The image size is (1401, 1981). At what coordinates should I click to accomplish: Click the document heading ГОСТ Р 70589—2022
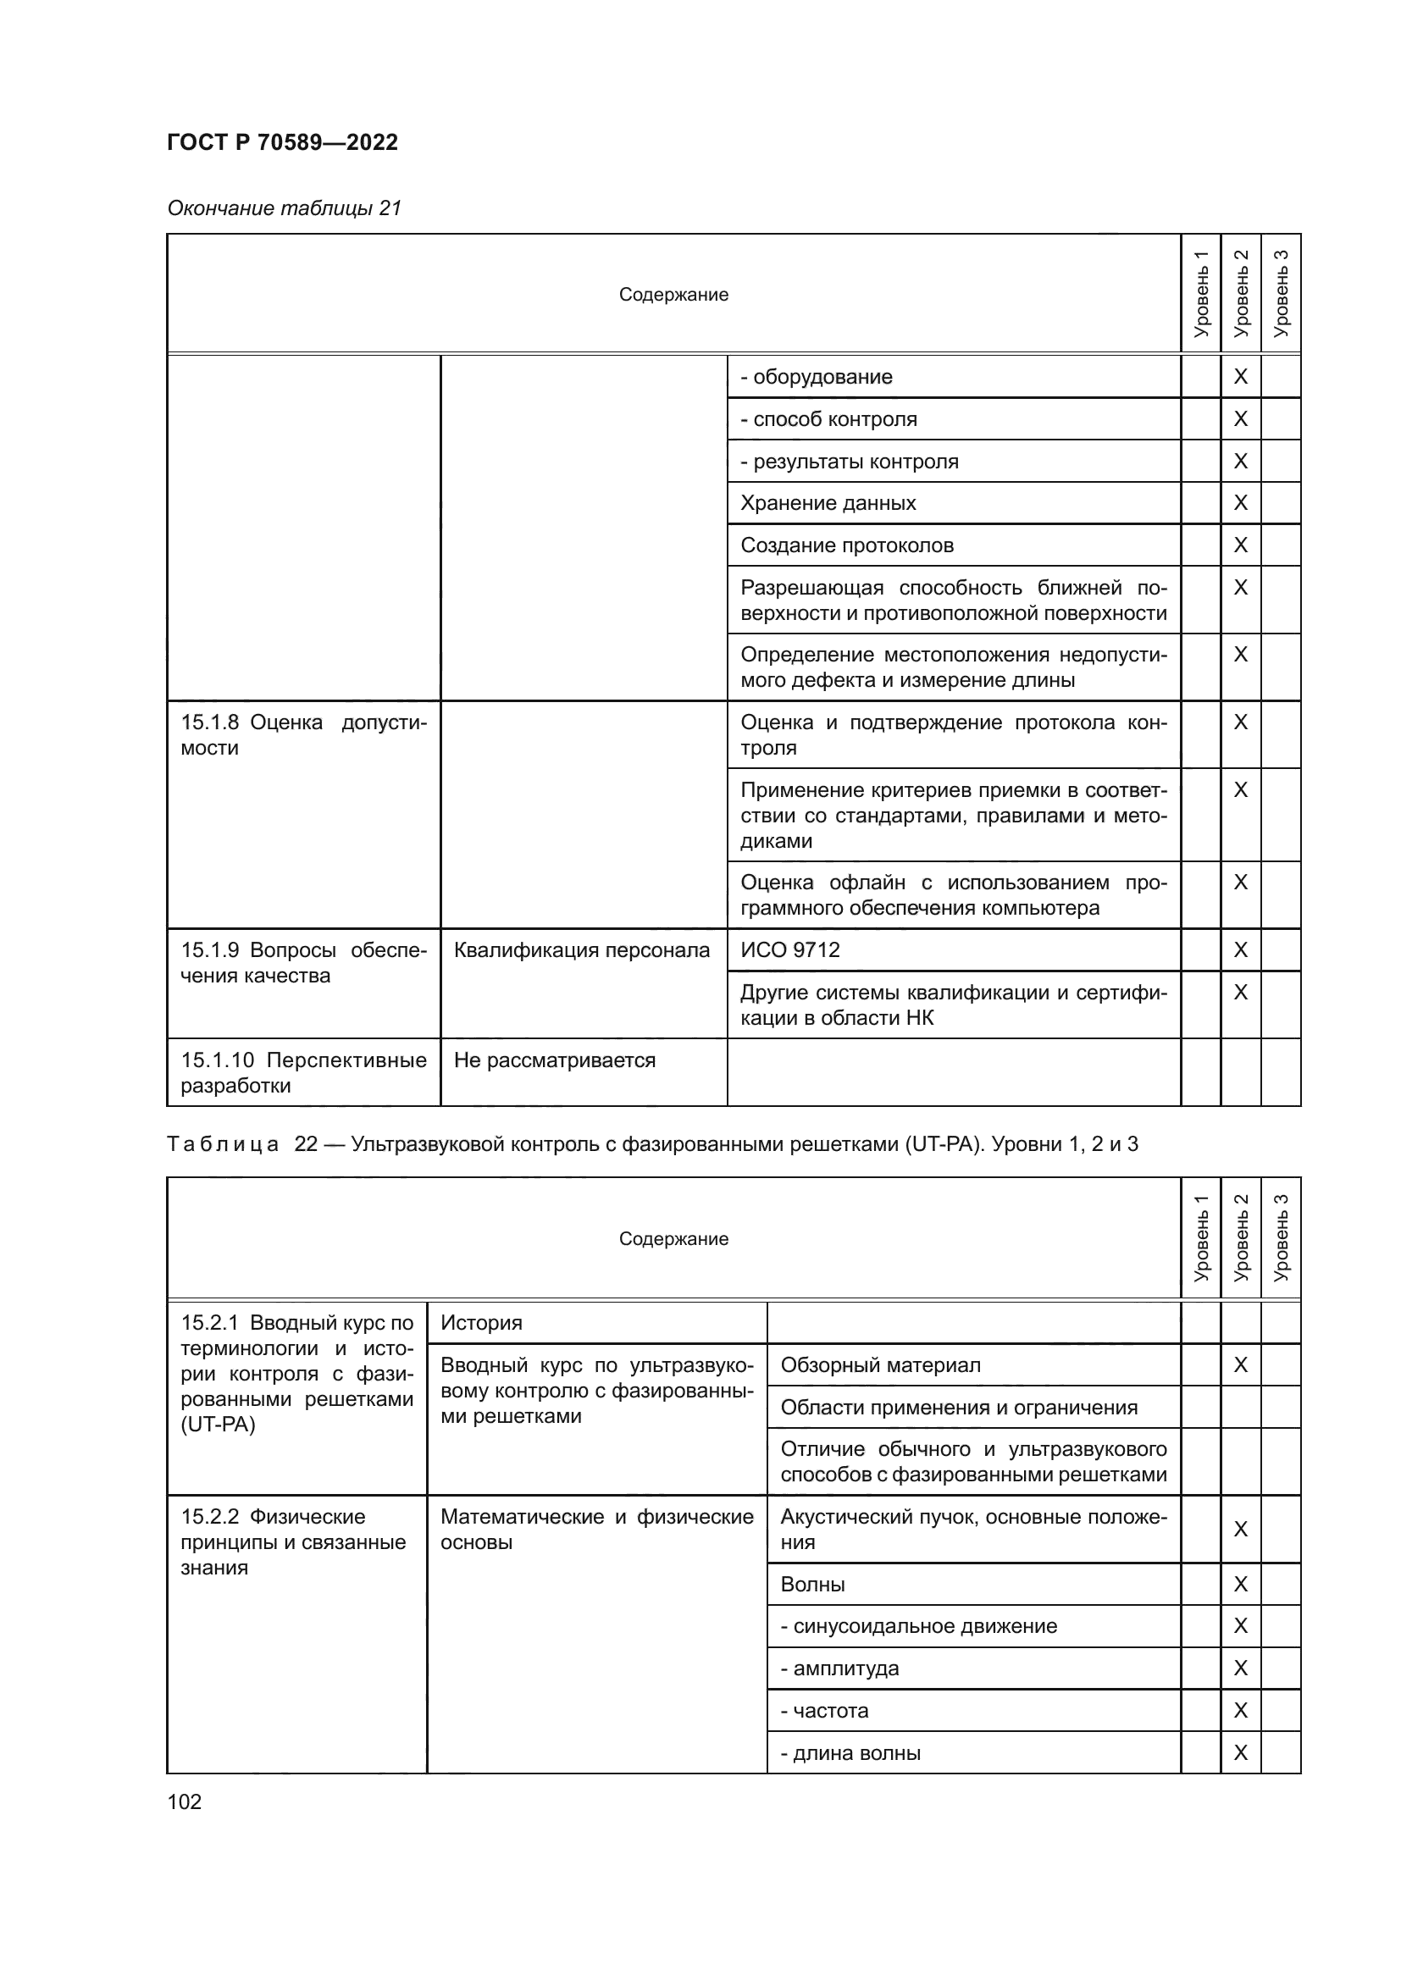click(282, 142)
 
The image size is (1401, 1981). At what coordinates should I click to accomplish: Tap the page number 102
click(184, 1801)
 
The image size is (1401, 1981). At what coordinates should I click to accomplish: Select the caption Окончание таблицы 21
click(284, 208)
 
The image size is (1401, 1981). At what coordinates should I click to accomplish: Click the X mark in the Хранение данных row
click(1240, 502)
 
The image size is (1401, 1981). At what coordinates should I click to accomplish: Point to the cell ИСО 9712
click(789, 950)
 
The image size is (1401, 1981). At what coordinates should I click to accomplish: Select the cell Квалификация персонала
click(581, 950)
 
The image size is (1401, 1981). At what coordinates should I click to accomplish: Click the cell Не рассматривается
click(554, 1060)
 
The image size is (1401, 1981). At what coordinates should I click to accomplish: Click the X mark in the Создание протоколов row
click(1240, 545)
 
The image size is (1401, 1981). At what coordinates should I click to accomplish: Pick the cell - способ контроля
click(828, 419)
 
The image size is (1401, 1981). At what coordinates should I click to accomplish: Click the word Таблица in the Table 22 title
click(223, 1144)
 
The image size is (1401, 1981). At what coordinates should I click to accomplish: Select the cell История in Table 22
click(480, 1323)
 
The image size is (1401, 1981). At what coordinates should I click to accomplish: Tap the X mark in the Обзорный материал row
click(1240, 1365)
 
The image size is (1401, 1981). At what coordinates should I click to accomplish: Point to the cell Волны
click(811, 1584)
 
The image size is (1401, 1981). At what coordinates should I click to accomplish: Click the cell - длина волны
click(850, 1753)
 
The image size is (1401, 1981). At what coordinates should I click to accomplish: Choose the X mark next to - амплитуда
click(1240, 1668)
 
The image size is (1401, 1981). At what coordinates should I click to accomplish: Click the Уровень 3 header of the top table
click(1280, 293)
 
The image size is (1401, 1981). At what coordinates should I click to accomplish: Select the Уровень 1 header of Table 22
click(1200, 1237)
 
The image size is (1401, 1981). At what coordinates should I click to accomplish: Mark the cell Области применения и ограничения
click(959, 1408)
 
